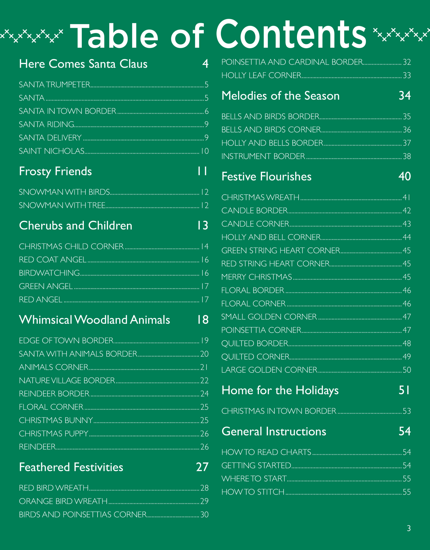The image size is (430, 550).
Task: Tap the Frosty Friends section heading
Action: click(55, 171)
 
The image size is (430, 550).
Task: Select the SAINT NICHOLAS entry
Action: click(52, 151)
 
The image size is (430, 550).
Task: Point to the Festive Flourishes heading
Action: click(266, 177)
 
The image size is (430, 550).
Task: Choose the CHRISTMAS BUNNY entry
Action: click(56, 420)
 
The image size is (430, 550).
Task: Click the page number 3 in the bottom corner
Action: click(409, 528)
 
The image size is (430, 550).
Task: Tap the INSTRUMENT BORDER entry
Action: click(263, 156)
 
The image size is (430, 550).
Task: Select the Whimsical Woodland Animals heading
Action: click(95, 320)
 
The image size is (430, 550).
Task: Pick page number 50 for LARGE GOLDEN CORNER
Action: click(407, 370)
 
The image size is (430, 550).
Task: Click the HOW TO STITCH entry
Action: click(253, 492)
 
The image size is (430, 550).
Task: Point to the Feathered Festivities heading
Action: click(71, 467)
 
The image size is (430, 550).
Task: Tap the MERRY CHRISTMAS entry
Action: click(256, 277)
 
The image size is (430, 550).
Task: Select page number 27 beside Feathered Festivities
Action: click(202, 467)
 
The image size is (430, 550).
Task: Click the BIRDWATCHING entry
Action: click(49, 273)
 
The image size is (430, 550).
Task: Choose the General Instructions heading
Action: click(274, 432)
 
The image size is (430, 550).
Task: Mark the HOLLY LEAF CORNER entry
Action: click(261, 75)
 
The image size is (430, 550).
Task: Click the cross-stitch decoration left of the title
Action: click(32, 35)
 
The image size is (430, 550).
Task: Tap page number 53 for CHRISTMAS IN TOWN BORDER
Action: click(407, 411)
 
